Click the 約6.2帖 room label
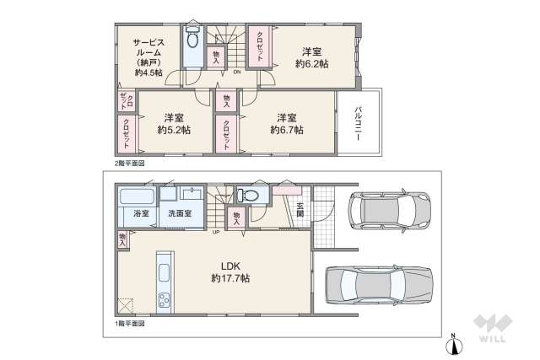point(311,56)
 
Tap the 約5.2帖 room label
point(174,123)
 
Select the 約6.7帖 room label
point(287,123)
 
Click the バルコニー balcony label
point(358,125)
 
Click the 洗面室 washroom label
point(177,214)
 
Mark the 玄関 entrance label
point(300,209)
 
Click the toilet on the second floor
point(192,40)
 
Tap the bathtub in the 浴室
point(138,196)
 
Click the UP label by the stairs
point(216,233)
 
